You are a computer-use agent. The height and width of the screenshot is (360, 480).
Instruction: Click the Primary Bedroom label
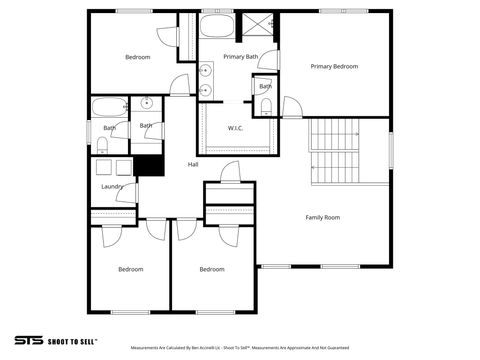334,66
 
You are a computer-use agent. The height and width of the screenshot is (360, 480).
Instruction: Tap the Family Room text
322,217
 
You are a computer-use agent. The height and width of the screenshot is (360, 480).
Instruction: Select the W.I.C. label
236,128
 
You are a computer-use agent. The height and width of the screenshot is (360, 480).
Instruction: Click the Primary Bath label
240,57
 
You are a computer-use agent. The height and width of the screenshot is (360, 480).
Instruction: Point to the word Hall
193,165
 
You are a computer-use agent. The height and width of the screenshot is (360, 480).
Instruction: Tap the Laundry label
112,186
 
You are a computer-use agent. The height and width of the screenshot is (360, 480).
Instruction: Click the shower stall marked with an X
260,26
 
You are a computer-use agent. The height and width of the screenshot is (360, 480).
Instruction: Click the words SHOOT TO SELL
73,340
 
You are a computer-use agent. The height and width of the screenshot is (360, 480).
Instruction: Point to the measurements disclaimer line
240,349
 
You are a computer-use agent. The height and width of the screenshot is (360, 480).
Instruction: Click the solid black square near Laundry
148,165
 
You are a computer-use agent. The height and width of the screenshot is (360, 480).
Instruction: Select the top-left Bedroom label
137,57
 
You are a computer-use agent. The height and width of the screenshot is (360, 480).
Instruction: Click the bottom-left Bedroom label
131,269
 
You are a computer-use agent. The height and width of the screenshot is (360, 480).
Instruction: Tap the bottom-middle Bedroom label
211,269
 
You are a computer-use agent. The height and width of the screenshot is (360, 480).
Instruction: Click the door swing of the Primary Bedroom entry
292,107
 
